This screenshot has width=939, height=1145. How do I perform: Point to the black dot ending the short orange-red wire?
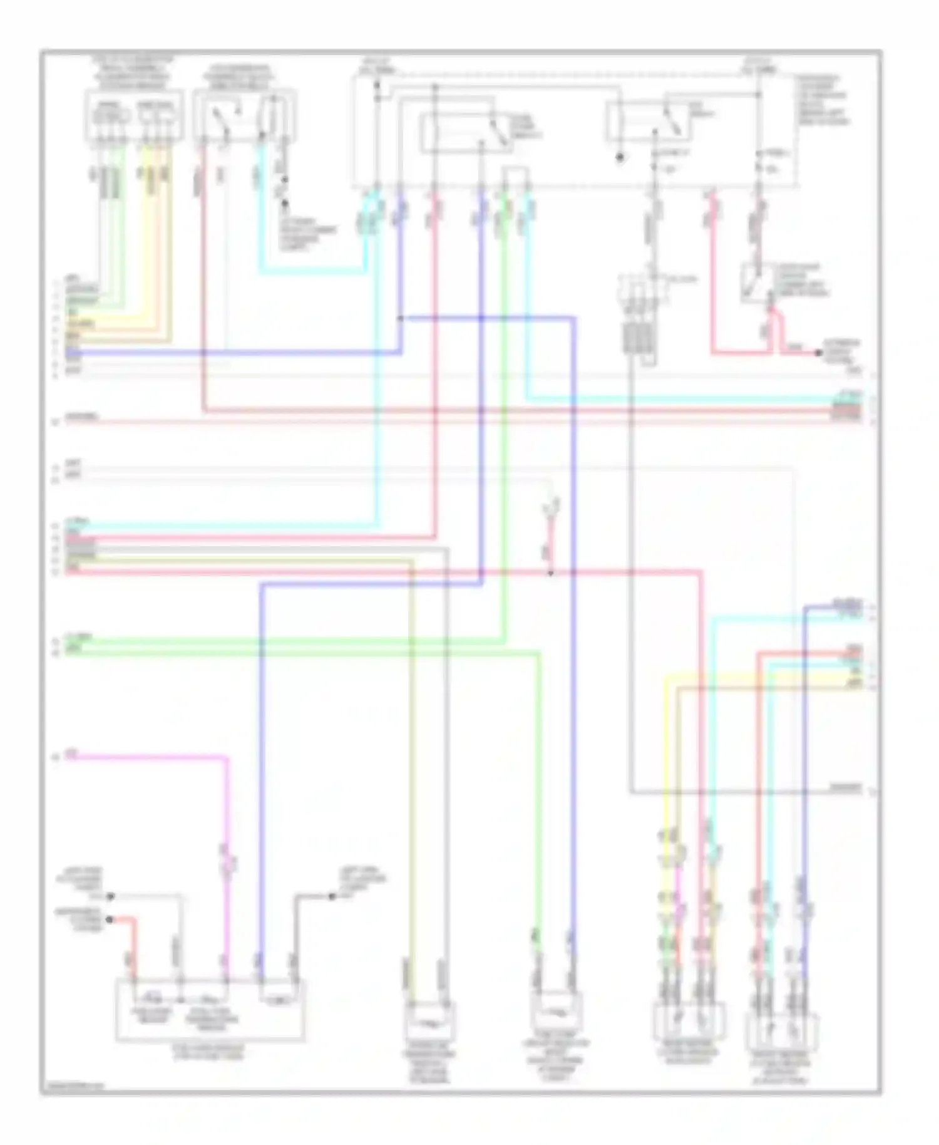click(x=110, y=920)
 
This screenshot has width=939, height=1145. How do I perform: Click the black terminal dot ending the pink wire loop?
click(x=818, y=353)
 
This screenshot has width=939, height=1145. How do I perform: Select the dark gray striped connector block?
click(x=638, y=337)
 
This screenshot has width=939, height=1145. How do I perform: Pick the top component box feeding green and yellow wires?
click(x=134, y=116)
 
